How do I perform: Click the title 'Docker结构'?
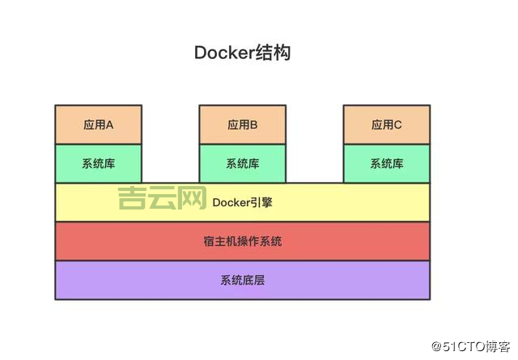[242, 53]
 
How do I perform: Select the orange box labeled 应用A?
[98, 125]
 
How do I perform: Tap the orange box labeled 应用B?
[242, 125]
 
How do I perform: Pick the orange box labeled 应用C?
[386, 125]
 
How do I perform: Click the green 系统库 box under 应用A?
[98, 163]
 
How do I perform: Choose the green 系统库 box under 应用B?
[242, 163]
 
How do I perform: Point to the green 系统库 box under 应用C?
[386, 163]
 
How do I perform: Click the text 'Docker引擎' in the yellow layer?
[242, 202]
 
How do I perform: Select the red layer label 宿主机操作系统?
[242, 241]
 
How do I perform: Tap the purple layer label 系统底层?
[242, 280]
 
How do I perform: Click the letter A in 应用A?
[109, 125]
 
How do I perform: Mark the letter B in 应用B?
[253, 125]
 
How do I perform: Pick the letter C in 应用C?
[397, 125]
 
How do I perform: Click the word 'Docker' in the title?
[223, 53]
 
